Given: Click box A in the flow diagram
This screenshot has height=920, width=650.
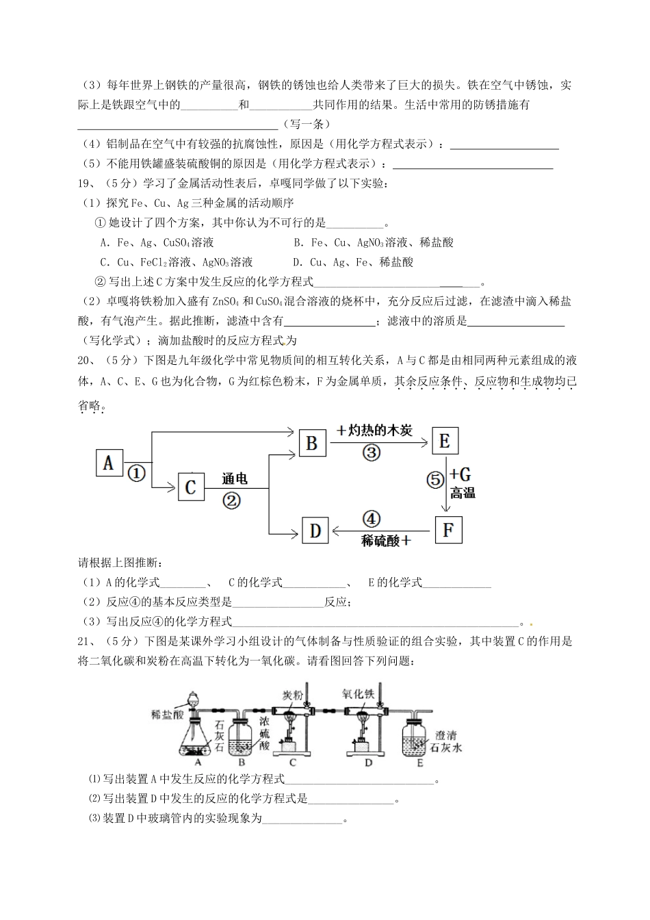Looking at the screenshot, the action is coord(109,464).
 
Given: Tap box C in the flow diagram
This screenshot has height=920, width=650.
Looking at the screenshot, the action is coord(190,487).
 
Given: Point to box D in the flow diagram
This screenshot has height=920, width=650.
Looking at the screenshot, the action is coord(315,531).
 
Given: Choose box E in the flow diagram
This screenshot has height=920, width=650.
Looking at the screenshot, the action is coord(444,441).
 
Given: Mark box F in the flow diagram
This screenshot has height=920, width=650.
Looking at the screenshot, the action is coord(447,530).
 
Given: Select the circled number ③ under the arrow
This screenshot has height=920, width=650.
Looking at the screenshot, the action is coord(372,452).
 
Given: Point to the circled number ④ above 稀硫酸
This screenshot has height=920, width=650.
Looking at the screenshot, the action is coord(372,520).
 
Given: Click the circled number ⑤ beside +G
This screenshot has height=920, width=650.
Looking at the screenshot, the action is coord(436,480).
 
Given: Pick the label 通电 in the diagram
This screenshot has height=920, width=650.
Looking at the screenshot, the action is coord(234,479).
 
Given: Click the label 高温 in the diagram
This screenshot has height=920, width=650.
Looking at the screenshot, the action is coord(463,493).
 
